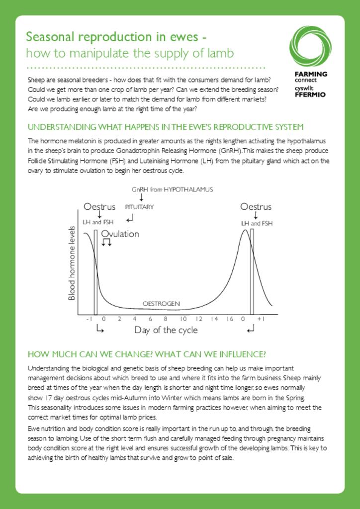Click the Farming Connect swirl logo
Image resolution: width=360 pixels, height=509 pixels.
click(x=310, y=47)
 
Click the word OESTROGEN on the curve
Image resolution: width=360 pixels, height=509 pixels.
click(x=161, y=303)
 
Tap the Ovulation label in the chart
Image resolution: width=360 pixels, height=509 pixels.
click(x=120, y=234)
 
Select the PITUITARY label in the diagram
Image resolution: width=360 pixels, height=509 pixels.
click(x=139, y=207)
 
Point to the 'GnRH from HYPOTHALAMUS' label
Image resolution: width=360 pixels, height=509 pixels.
click(x=172, y=189)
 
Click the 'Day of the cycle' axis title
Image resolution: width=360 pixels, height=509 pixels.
click(x=166, y=330)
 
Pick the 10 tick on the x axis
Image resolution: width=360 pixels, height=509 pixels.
click(x=183, y=319)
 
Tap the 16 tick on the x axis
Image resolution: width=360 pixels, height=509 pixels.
click(x=230, y=319)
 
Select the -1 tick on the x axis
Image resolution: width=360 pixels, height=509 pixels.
click(x=89, y=319)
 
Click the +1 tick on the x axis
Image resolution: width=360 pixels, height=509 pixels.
click(x=260, y=319)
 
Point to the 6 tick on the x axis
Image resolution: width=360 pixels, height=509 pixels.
click(x=150, y=319)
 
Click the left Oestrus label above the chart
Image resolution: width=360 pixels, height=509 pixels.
click(x=99, y=207)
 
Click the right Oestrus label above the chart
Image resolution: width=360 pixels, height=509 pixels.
click(x=256, y=207)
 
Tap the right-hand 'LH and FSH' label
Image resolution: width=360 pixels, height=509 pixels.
click(x=257, y=224)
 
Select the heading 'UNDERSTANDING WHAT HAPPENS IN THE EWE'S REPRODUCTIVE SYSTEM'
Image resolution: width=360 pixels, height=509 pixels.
click(x=166, y=127)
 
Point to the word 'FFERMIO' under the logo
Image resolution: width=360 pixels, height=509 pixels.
click(x=310, y=94)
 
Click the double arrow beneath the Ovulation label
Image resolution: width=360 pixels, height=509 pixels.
click(x=106, y=243)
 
